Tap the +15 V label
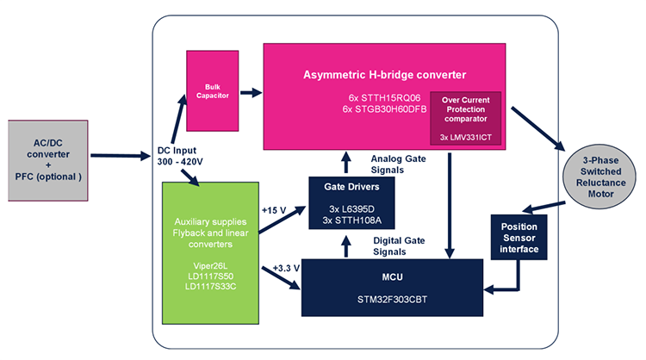coord(275,208)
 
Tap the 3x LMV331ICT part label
coord(464,136)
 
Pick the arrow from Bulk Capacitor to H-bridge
coord(250,91)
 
